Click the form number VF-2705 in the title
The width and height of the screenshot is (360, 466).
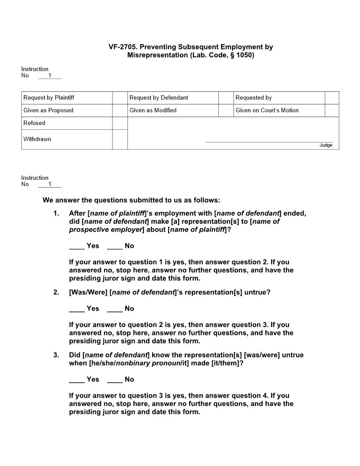click(124, 47)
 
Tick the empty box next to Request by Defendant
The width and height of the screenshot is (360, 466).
click(226, 98)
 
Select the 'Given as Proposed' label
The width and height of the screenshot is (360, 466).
click(49, 110)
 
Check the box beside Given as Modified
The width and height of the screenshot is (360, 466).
click(226, 110)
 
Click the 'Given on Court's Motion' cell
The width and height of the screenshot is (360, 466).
click(267, 110)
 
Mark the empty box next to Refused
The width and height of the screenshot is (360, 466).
click(120, 123)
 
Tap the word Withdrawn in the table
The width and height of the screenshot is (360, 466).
click(37, 139)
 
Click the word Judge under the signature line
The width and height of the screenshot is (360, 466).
click(326, 145)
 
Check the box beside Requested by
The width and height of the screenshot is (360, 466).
click(332, 98)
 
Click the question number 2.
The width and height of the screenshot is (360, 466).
click(56, 292)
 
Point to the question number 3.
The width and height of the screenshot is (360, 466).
click(56, 355)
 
